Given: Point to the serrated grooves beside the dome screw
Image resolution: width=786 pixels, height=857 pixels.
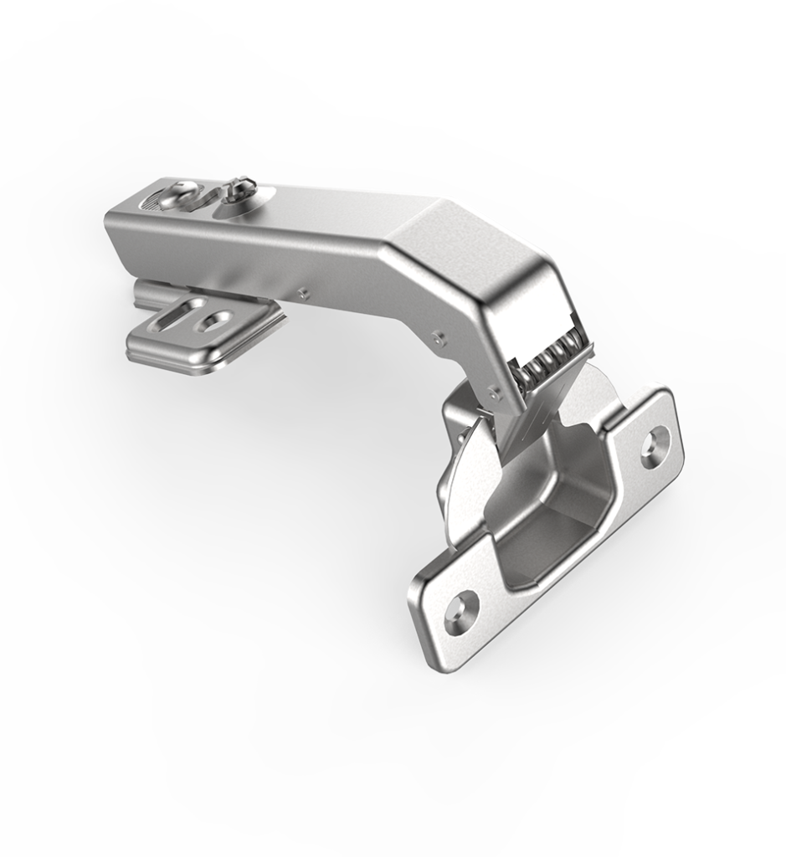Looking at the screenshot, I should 152,203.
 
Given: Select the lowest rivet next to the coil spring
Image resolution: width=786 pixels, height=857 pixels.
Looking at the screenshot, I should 494,389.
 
